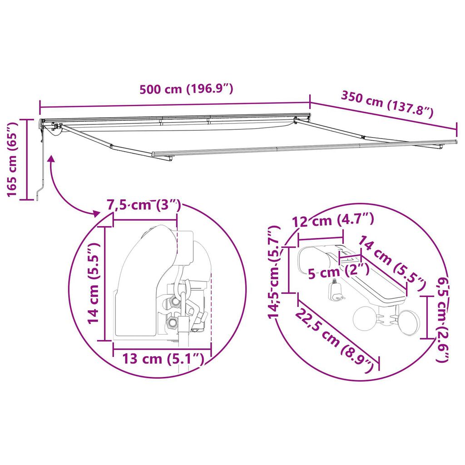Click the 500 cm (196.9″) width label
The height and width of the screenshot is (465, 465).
[x=186, y=89]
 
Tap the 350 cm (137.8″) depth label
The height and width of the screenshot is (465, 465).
[x=387, y=104]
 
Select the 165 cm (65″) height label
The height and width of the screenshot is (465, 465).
[x=12, y=159]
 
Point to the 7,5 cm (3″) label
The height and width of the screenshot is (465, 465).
[x=143, y=205]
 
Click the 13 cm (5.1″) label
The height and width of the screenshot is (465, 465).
[x=163, y=359]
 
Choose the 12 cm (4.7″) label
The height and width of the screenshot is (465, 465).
[x=333, y=220]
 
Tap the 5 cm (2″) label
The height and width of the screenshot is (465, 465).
[x=339, y=272]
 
